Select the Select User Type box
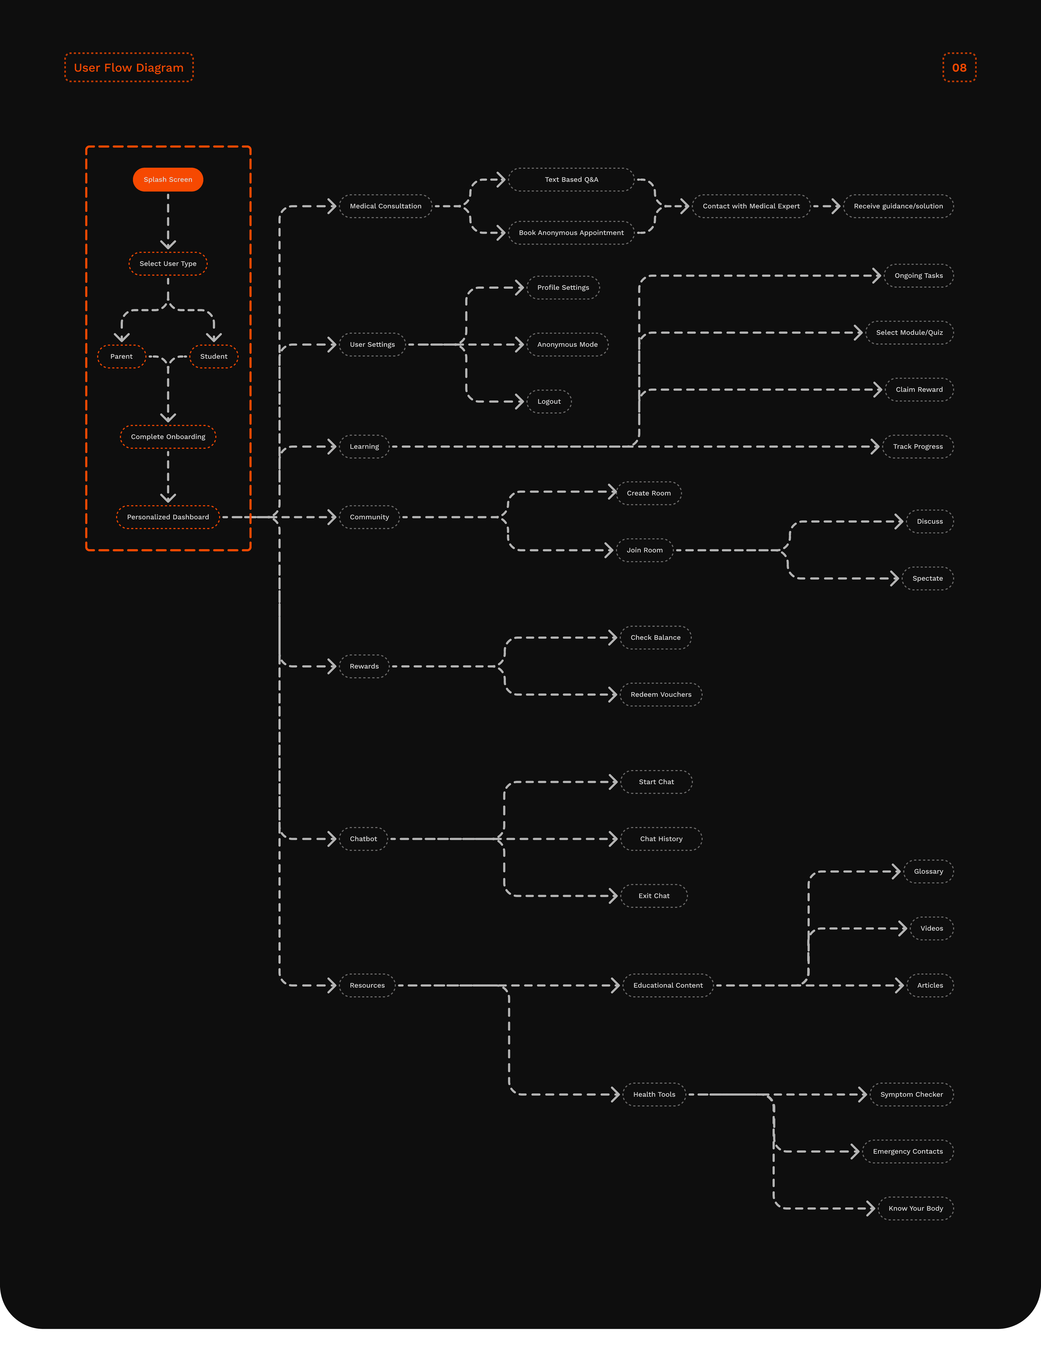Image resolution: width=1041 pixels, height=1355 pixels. [168, 264]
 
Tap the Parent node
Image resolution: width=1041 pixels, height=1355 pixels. [122, 357]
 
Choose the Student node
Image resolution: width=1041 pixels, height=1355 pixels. [214, 357]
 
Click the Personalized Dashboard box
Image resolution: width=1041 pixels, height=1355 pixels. [168, 517]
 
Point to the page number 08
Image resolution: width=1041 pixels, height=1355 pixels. [959, 67]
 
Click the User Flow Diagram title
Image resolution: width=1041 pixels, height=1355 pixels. [129, 67]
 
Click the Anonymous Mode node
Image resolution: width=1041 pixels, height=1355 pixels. [568, 345]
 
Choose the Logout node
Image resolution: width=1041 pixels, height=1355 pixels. [549, 402]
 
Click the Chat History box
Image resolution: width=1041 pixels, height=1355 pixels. [661, 839]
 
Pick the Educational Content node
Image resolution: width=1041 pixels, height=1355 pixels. [668, 985]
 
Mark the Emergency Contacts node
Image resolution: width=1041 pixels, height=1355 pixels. [908, 1152]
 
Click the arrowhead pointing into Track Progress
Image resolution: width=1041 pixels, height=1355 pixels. [875, 447]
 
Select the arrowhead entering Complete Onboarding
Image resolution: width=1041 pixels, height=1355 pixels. [168, 417]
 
